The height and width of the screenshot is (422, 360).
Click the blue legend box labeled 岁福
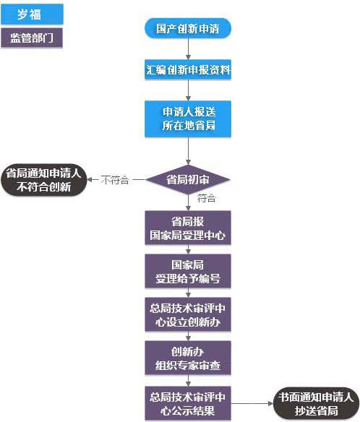click(x=33, y=12)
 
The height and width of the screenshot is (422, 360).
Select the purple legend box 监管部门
click(x=33, y=38)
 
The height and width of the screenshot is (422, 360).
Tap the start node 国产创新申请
click(x=188, y=29)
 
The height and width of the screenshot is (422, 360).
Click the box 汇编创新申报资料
click(x=188, y=71)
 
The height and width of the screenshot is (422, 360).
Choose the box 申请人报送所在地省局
click(x=188, y=119)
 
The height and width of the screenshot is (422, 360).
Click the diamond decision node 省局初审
click(x=188, y=179)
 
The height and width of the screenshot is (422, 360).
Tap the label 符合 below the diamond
click(x=206, y=198)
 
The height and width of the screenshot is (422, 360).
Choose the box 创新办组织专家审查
click(x=188, y=358)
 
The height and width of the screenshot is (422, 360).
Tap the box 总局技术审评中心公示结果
click(x=188, y=402)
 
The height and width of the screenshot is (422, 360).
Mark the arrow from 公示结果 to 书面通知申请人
click(x=249, y=402)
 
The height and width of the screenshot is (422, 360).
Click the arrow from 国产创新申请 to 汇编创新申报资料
click(x=188, y=50)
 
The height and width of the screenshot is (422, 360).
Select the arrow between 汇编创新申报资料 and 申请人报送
click(x=188, y=90)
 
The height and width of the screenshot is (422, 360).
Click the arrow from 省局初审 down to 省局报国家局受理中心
click(x=188, y=202)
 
